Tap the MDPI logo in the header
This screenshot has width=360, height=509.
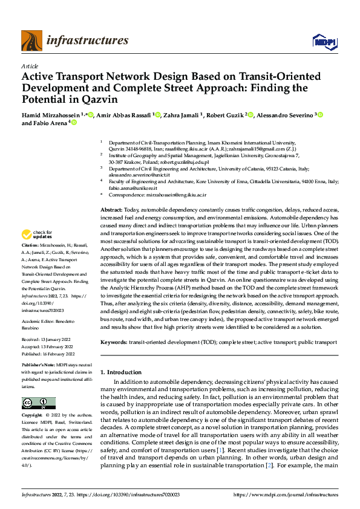point(324,41)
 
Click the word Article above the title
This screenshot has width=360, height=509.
point(29,66)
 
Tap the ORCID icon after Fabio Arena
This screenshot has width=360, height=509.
point(74,122)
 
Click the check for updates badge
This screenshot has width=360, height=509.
point(38,234)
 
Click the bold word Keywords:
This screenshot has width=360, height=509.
point(114,342)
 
